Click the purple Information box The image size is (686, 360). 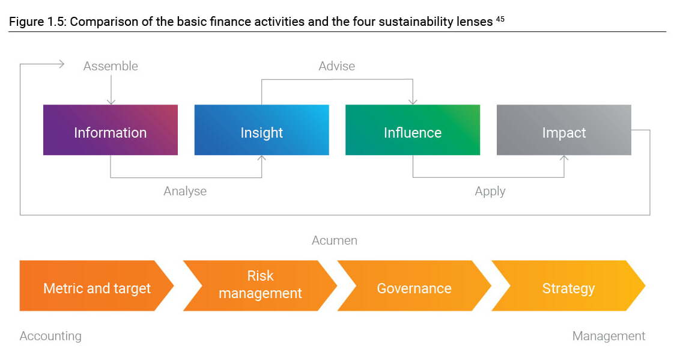pos(111,130)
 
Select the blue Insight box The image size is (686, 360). pos(262,130)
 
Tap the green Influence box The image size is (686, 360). pos(413,130)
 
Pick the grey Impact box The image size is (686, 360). pos(564,130)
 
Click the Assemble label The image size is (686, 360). pos(111,66)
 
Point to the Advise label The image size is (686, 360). pos(337,66)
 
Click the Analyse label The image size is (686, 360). pos(185,191)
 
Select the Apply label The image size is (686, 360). pos(490,191)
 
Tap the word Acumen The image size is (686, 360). pos(335,240)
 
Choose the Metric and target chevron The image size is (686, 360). pos(97,286)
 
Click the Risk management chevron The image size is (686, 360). pos(260,286)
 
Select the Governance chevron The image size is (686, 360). pos(414,286)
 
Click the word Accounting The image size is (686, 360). pos(50,336)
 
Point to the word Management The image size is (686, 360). pos(609,336)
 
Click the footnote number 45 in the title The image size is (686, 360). pos(500,19)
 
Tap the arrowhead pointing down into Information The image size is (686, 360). pos(111,102)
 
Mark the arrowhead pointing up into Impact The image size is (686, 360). pos(565,159)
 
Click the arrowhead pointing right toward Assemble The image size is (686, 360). pos(61,64)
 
